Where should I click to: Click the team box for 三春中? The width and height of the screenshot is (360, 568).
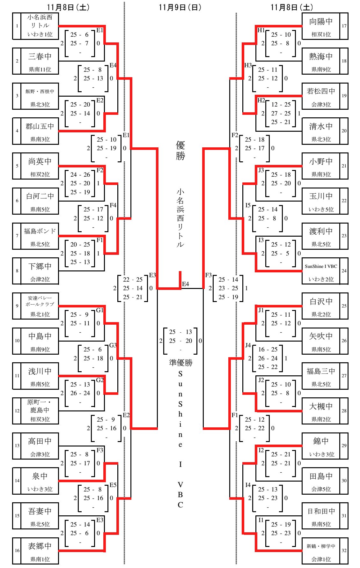coord(40,61)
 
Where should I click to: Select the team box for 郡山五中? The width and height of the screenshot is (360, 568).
coord(40,131)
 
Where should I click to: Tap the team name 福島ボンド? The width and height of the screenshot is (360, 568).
coord(40,231)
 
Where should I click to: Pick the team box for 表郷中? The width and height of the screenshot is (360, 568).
coord(40,550)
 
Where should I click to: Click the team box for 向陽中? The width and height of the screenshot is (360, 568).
coord(321,26)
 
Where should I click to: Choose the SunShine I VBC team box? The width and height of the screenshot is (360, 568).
coord(321,271)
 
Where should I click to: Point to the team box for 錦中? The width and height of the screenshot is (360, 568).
coord(321,446)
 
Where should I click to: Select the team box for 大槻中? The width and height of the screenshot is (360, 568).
coord(321,411)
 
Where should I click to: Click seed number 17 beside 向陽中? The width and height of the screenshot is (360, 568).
coord(344,26)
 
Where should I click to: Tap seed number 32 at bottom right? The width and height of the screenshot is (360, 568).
coord(344,550)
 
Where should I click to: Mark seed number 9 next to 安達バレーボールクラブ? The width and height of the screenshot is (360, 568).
coord(17,306)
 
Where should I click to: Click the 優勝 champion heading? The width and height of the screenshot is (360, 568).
coord(180,151)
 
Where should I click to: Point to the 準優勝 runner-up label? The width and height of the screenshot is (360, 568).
coord(181,363)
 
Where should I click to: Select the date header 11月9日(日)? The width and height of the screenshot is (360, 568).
coord(180,7)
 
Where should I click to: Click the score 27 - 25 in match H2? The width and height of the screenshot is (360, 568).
coord(281,113)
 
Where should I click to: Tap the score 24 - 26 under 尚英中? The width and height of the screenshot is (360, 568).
coord(80,174)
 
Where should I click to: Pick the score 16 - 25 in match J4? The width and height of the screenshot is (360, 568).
coord(268,349)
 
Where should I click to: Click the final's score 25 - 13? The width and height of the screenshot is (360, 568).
coord(180,332)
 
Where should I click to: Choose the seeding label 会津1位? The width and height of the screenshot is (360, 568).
coord(321,559)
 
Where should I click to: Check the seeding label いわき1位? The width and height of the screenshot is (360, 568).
coord(40,34)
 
